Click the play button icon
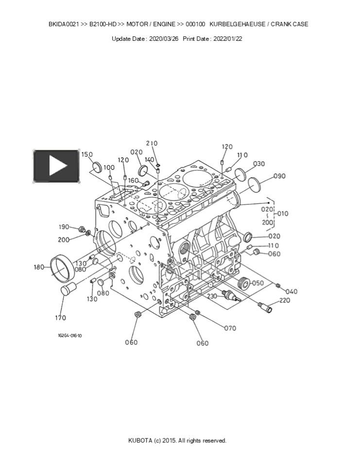pyautogui.click(x=56, y=166)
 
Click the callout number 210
pyautogui.click(x=152, y=143)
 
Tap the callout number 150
pyautogui.click(x=87, y=154)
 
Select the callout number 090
pyautogui.click(x=279, y=176)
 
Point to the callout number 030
pyautogui.click(x=259, y=164)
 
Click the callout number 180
pyautogui.click(x=39, y=267)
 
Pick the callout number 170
pyautogui.click(x=60, y=317)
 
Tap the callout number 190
pyautogui.click(x=64, y=227)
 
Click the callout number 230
pyautogui.click(x=212, y=296)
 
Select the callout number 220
pyautogui.click(x=284, y=300)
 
